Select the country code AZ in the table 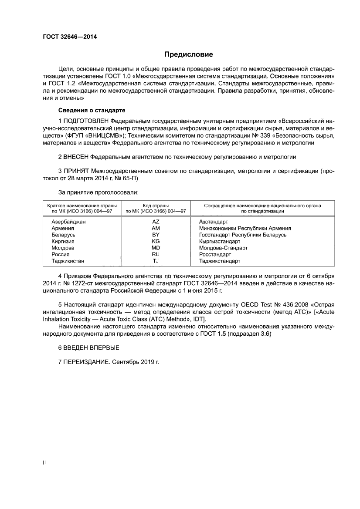tap(156, 222)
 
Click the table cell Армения tap(62, 228)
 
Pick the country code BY tap(156, 235)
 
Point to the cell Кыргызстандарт tap(219, 241)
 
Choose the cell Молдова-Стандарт tap(223, 248)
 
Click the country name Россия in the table tap(61, 254)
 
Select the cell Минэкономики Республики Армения tap(245, 228)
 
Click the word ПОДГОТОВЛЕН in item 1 tap(86, 120)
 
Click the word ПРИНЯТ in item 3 tap(78, 172)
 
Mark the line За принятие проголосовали tap(98, 192)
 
